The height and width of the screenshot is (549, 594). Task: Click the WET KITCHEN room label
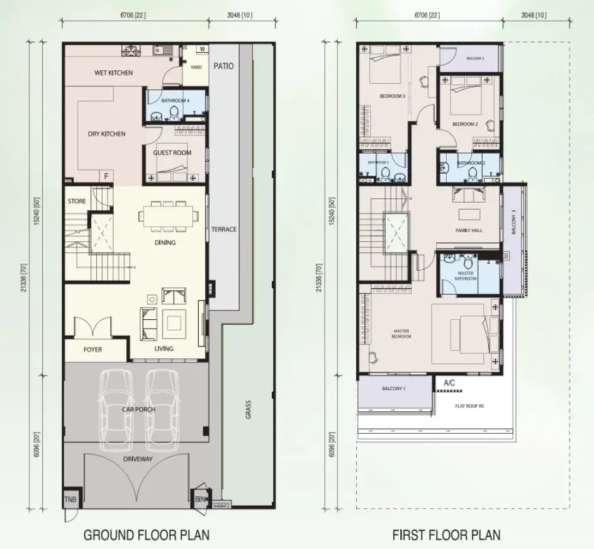(113, 73)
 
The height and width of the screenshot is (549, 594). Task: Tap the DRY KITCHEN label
(105, 134)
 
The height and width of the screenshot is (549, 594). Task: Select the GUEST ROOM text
(172, 152)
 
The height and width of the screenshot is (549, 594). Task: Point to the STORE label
(77, 201)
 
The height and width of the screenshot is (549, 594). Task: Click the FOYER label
(92, 349)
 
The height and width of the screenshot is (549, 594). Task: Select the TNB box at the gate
(70, 501)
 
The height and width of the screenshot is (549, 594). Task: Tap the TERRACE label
(224, 229)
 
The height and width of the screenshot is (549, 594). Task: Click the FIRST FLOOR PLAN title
(446, 535)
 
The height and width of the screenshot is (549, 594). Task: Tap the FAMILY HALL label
(468, 231)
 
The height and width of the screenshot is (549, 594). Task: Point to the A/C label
(450, 383)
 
